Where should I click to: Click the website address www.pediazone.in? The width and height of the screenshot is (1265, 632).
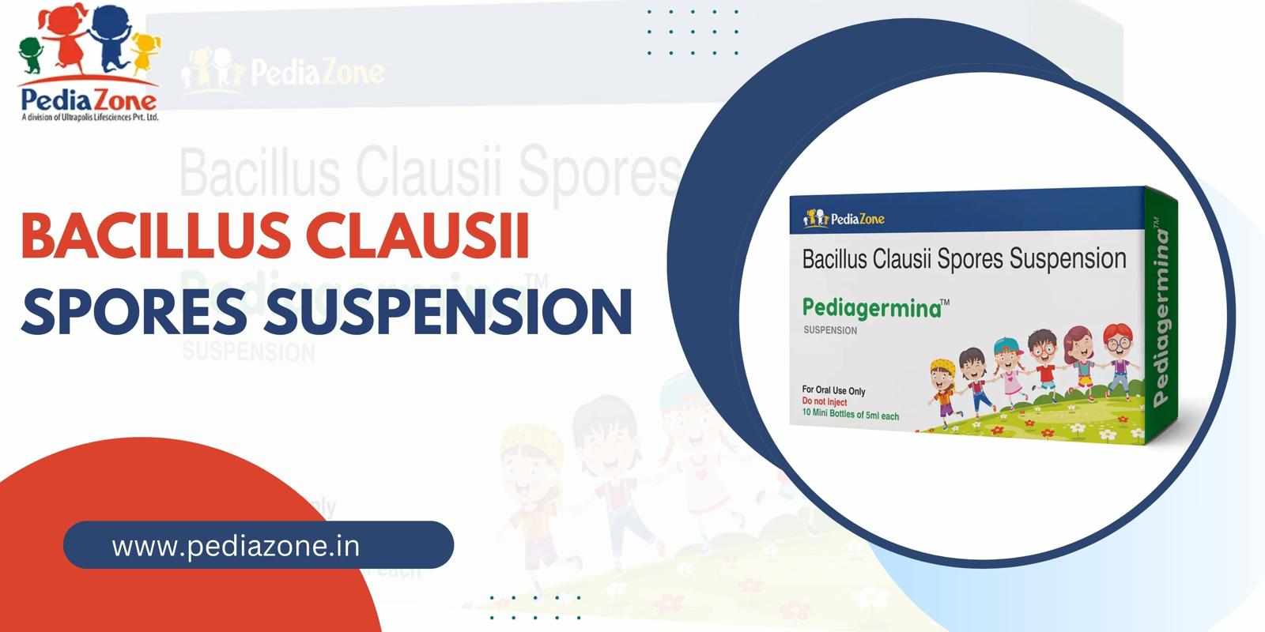[236, 546]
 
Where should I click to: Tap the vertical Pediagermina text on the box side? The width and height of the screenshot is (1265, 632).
[1162, 316]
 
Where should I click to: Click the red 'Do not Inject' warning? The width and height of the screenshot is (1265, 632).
[825, 403]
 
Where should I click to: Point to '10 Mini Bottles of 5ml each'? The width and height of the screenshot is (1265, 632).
[850, 416]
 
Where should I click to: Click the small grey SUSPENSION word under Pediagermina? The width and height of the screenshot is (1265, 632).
[830, 331]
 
